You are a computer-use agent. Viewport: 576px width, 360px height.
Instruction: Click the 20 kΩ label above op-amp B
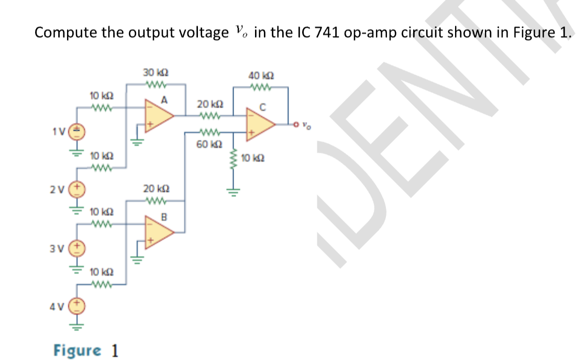[x=155, y=189]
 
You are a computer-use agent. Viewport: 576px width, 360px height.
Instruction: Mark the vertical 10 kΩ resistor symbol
[x=234, y=166]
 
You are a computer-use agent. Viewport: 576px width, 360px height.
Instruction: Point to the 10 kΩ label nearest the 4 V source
[x=99, y=272]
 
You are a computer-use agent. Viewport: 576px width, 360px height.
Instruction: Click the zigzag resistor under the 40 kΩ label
[x=260, y=87]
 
